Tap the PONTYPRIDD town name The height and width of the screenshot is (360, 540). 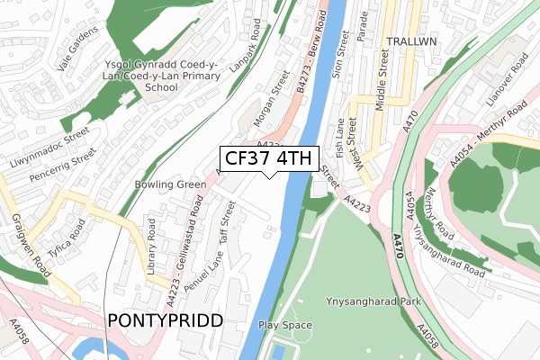point(165,320)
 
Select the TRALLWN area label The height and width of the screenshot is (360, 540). point(410,42)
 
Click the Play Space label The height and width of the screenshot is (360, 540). point(285,325)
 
